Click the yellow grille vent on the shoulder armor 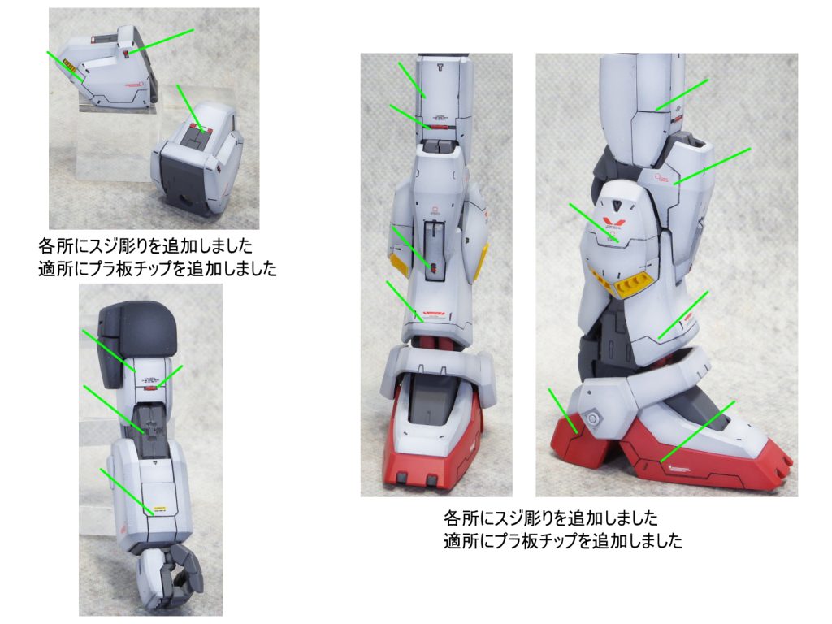pyautogui.click(x=68, y=67)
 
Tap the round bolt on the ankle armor pyautogui.click(x=593, y=418)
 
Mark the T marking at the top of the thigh pyautogui.click(x=440, y=67)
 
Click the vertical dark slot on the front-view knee pyautogui.click(x=434, y=249)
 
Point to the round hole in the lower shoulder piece pyautogui.click(x=186, y=201)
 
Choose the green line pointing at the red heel pyautogui.click(x=563, y=411)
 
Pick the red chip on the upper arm pyautogui.click(x=151, y=388)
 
